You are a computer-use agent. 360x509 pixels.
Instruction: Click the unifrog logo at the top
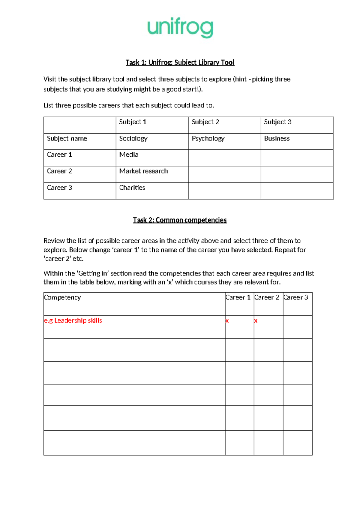tap(180, 28)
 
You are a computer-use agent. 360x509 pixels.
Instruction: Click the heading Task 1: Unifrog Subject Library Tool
tap(180, 62)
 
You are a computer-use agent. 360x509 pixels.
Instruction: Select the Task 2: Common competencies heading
tap(180, 220)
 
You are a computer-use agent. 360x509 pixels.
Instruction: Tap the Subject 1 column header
tap(133, 122)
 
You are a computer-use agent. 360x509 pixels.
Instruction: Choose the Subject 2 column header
tap(205, 122)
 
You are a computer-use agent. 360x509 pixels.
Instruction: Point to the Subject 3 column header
tap(277, 122)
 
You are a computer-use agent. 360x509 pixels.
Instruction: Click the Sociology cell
tap(133, 138)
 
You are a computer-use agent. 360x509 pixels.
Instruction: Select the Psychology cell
tap(208, 138)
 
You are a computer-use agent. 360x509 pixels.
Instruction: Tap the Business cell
tap(277, 138)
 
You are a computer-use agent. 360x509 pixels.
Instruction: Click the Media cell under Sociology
tap(129, 155)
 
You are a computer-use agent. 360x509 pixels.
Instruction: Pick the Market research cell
tap(143, 171)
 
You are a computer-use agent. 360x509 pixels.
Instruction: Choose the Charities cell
tap(132, 188)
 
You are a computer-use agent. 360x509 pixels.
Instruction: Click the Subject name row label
tap(67, 138)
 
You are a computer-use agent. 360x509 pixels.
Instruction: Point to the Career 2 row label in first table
tap(59, 171)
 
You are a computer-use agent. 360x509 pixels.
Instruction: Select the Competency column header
tap(62, 297)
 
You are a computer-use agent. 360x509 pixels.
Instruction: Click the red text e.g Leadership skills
tap(73, 321)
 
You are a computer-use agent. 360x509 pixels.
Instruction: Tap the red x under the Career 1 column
tap(227, 321)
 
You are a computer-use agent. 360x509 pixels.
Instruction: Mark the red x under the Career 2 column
tap(256, 321)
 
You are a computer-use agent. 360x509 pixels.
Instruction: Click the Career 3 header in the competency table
tap(295, 297)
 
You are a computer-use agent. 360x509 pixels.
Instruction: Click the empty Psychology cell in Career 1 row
tap(224, 158)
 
